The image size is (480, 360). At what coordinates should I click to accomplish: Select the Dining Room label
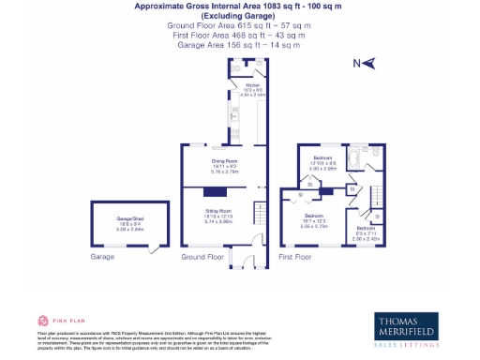[224, 164]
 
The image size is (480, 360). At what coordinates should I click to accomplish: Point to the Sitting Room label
[218, 214]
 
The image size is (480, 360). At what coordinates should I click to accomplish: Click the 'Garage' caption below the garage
[102, 256]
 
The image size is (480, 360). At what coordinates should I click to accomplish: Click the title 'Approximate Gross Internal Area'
[239, 6]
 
